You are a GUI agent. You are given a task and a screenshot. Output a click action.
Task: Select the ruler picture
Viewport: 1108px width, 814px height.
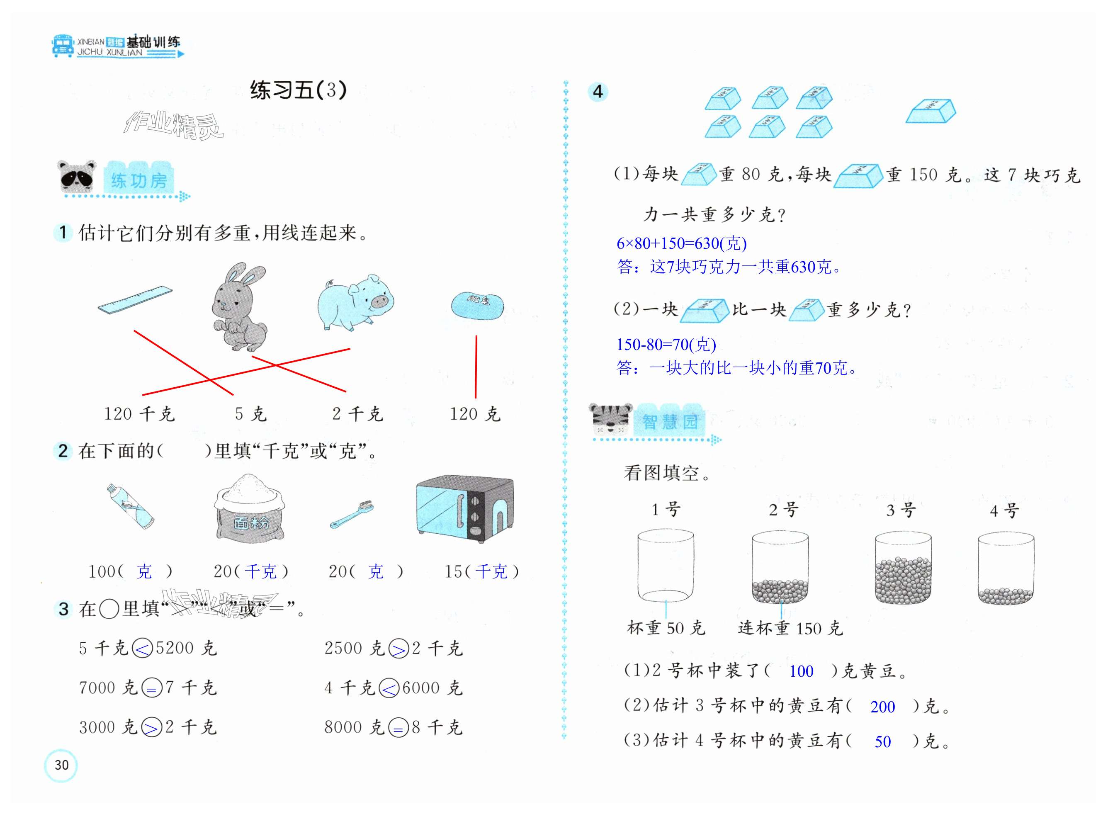(x=135, y=299)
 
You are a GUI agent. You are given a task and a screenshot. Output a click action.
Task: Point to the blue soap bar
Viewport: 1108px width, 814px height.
(x=477, y=306)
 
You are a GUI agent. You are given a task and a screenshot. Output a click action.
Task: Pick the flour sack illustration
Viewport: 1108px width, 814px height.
(x=249, y=509)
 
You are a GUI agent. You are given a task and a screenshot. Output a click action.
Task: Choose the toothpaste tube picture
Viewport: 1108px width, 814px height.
(x=130, y=506)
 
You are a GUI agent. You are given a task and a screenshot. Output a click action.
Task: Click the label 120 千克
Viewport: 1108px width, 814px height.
(x=139, y=414)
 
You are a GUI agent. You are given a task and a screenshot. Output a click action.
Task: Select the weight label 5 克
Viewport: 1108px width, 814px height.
(x=250, y=414)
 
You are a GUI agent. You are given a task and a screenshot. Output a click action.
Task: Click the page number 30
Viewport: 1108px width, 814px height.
(x=61, y=765)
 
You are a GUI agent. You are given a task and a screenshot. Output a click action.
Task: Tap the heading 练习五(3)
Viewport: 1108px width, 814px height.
(x=299, y=90)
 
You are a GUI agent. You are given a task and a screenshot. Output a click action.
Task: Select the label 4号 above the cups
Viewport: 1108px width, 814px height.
(x=1004, y=510)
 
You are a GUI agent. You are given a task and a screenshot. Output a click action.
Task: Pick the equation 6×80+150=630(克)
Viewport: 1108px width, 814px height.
(x=681, y=243)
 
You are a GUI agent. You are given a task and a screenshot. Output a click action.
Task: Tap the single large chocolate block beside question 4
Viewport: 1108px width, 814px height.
(x=930, y=112)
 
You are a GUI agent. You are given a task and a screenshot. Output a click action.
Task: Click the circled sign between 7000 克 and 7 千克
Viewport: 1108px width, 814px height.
(x=151, y=688)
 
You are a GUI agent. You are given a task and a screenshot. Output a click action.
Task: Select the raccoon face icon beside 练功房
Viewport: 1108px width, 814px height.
(x=76, y=176)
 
